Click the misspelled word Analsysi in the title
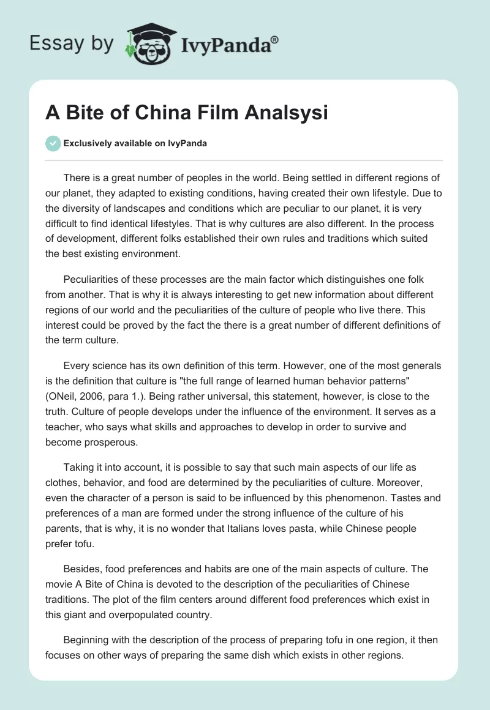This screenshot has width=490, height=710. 291,113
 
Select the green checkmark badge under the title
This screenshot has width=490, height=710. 53,143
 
